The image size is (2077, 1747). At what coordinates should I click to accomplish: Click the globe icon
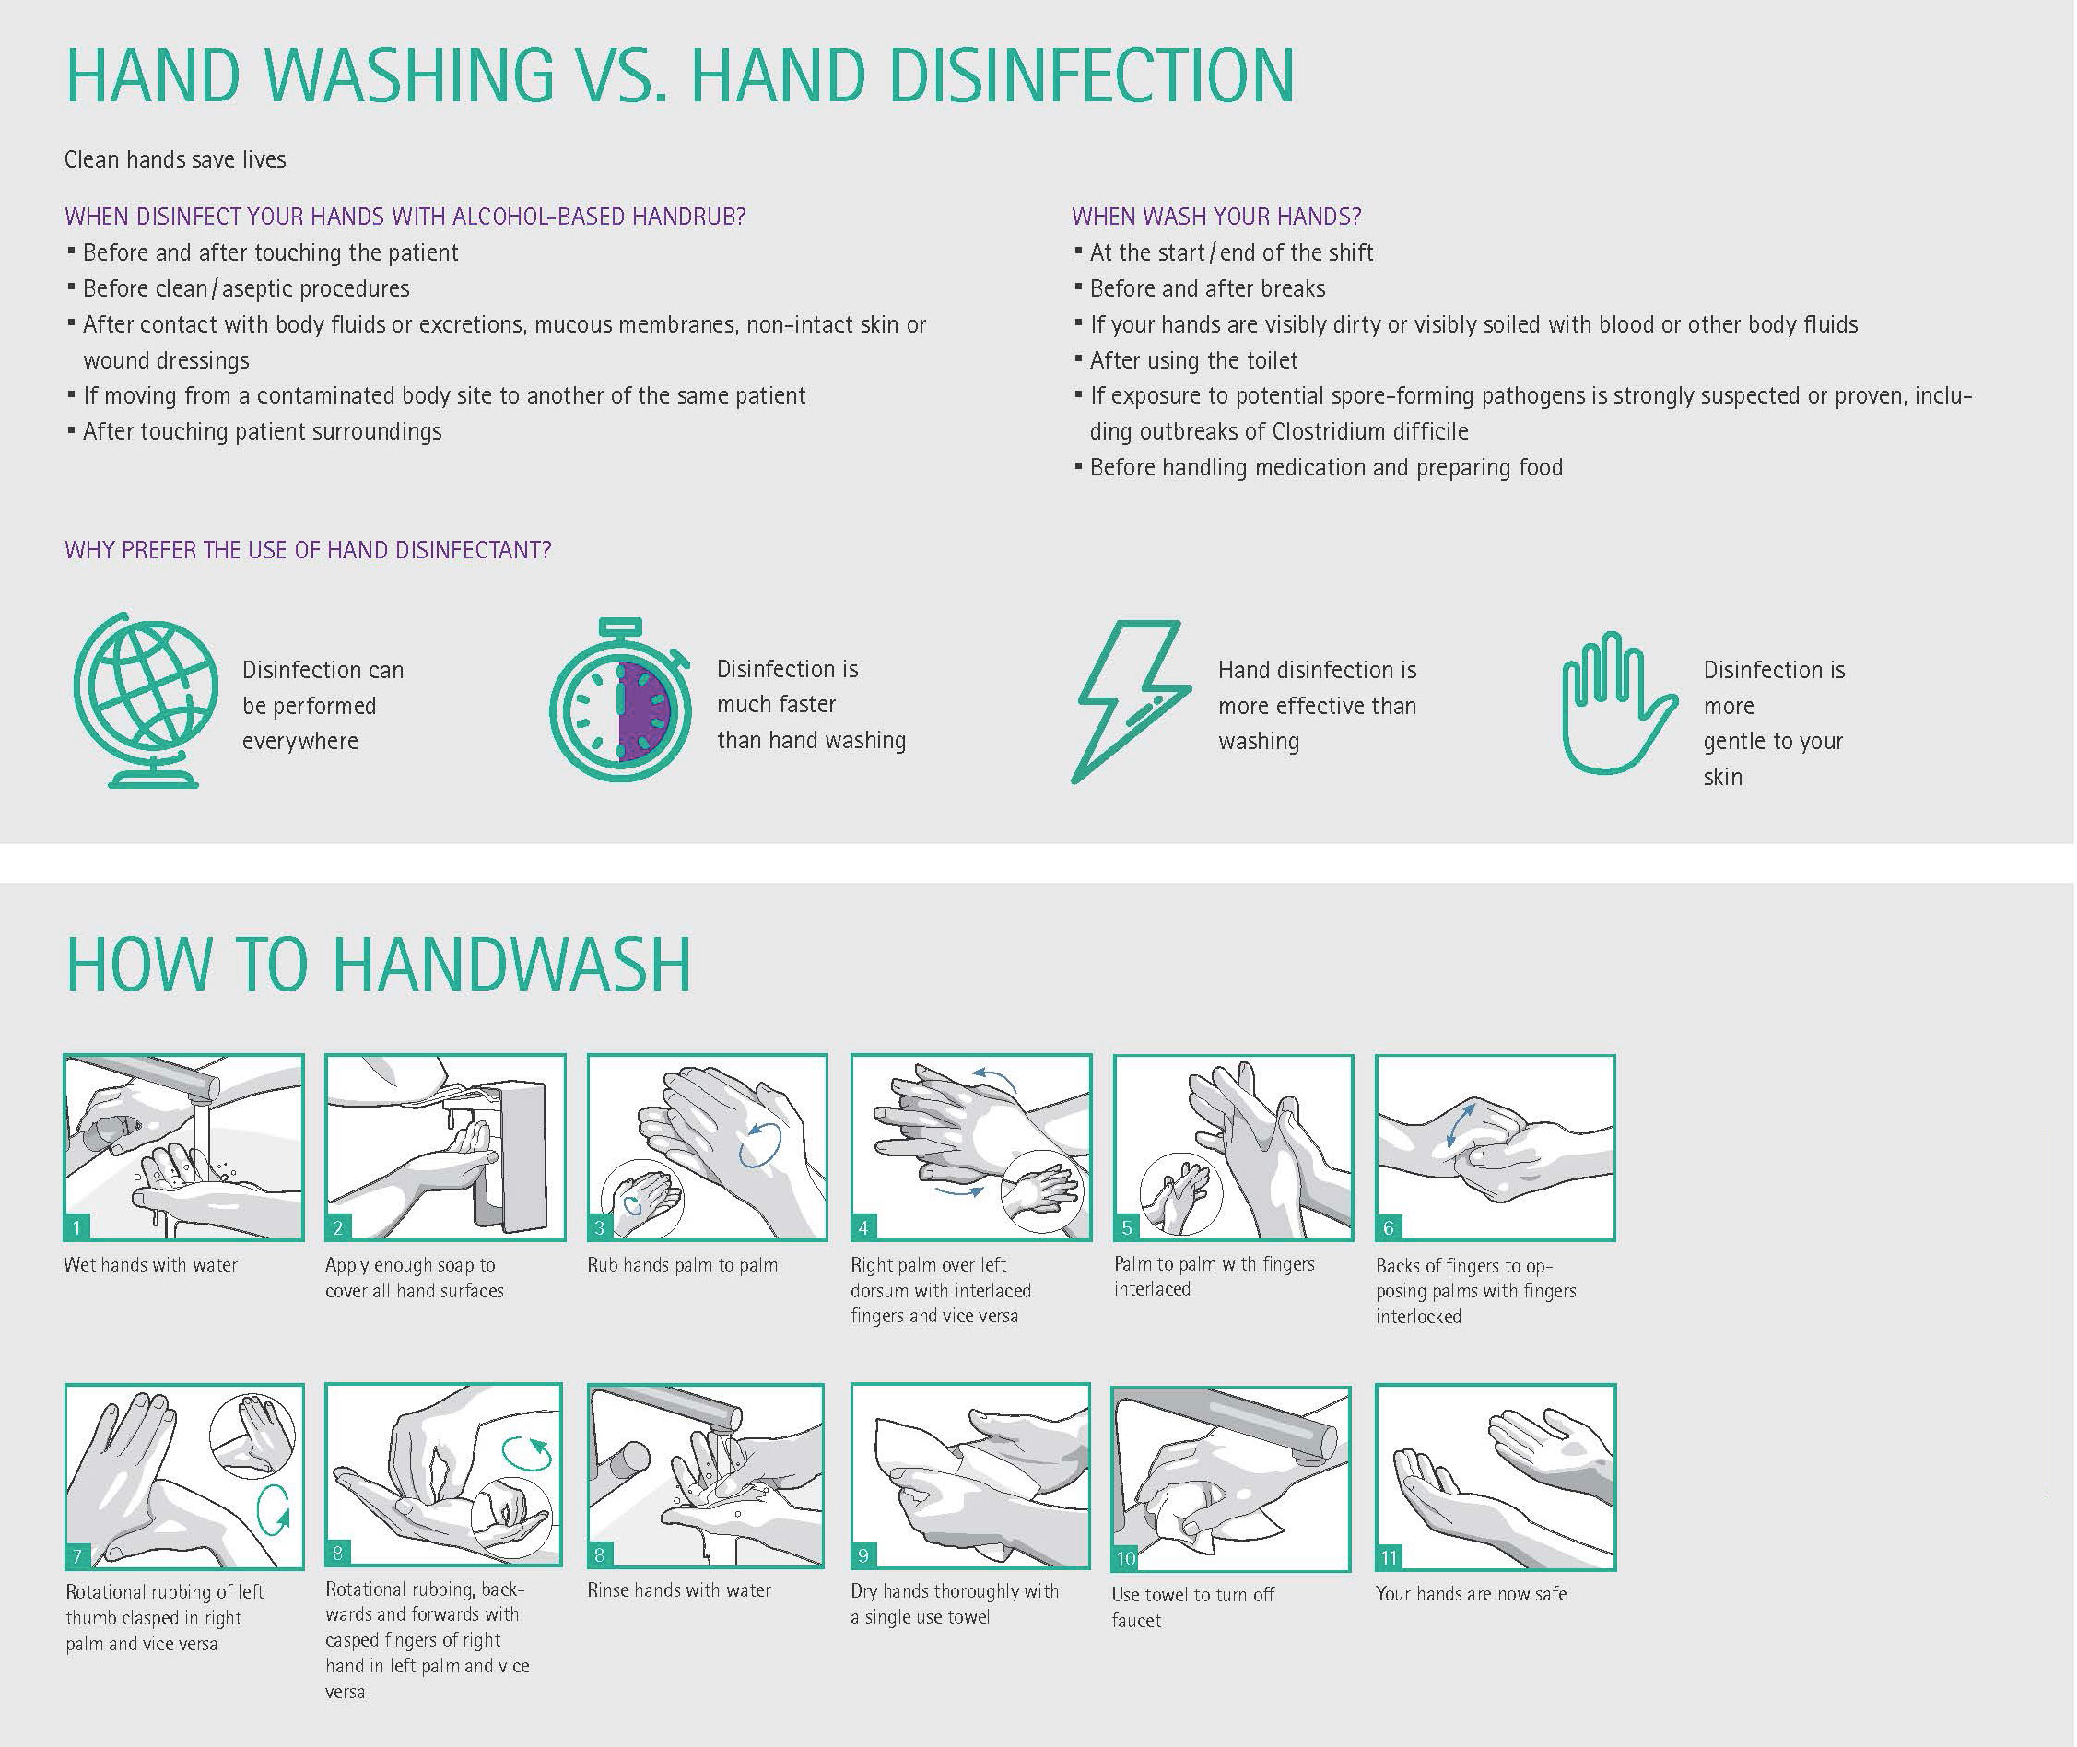click(x=147, y=699)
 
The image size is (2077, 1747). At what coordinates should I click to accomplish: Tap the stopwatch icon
click(x=620, y=699)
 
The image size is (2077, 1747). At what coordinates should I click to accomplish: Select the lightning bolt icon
click(x=1132, y=701)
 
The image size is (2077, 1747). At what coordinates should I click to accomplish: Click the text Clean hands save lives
click(x=175, y=159)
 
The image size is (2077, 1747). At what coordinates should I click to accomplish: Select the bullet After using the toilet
click(x=1193, y=360)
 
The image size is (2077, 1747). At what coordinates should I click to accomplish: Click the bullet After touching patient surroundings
click(x=262, y=432)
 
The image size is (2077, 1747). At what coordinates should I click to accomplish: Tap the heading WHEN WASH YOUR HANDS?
click(x=1216, y=216)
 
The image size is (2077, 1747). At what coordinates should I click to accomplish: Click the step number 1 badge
click(x=77, y=1228)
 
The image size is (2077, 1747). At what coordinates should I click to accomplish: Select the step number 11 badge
click(x=1389, y=1558)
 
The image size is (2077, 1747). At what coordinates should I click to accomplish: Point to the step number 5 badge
click(x=1126, y=1228)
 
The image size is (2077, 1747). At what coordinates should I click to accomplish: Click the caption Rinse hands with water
click(x=678, y=1590)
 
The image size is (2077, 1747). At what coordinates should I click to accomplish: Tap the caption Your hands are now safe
click(x=1471, y=1593)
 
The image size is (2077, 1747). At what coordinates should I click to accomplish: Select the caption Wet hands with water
click(x=150, y=1265)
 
